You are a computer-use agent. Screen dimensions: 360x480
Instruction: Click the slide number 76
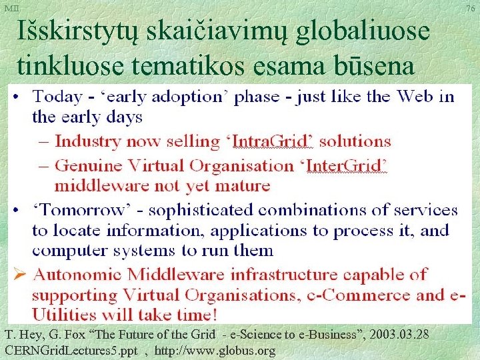[x=471, y=9]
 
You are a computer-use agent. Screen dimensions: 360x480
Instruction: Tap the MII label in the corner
[x=11, y=8]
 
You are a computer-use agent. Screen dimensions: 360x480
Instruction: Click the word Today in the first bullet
[x=57, y=96]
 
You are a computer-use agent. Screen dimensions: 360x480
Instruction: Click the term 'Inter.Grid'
[x=350, y=164]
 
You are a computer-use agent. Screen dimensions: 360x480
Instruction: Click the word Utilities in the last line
[x=61, y=314]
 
